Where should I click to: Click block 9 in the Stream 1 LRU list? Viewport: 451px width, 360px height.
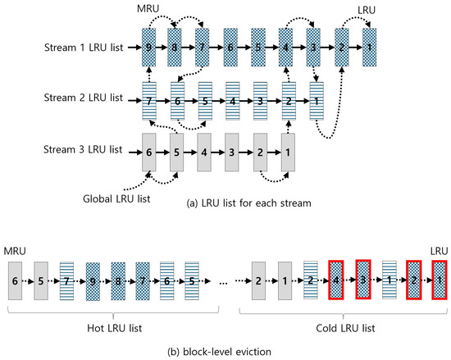(148, 48)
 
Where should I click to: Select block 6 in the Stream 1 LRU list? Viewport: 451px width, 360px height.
(230, 48)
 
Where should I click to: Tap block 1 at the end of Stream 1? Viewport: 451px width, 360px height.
(369, 48)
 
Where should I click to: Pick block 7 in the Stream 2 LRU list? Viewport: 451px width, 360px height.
(149, 101)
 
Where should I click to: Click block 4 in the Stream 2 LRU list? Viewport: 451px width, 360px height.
(232, 101)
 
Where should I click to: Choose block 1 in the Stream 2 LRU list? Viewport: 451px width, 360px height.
(317, 101)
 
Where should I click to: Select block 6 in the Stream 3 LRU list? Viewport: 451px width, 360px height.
(148, 152)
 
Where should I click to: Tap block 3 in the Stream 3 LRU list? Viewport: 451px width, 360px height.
(231, 152)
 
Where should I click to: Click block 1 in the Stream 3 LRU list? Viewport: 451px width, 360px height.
(288, 152)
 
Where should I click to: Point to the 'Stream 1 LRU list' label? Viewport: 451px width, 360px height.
(84, 48)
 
